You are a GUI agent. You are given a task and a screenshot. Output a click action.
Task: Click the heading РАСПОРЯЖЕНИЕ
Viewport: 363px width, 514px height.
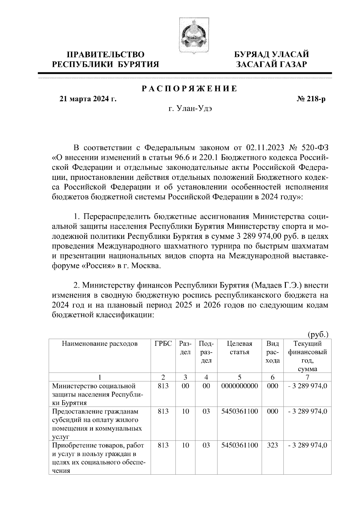pos(189,89)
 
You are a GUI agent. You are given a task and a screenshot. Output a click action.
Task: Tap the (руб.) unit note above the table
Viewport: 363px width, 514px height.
pos(318,334)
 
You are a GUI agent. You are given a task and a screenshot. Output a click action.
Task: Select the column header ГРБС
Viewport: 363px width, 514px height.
pos(163,344)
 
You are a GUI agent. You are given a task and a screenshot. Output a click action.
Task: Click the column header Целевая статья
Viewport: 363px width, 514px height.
pos(239,348)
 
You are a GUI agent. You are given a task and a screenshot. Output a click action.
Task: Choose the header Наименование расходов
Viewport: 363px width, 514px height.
pos(100,344)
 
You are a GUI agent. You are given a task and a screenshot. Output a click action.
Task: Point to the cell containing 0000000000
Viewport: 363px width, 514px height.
pos(239,386)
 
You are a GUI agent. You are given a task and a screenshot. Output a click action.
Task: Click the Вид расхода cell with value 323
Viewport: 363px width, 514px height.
pos(273,445)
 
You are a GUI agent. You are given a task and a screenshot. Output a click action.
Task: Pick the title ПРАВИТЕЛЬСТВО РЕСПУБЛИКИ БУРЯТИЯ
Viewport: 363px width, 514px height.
pos(106,59)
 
